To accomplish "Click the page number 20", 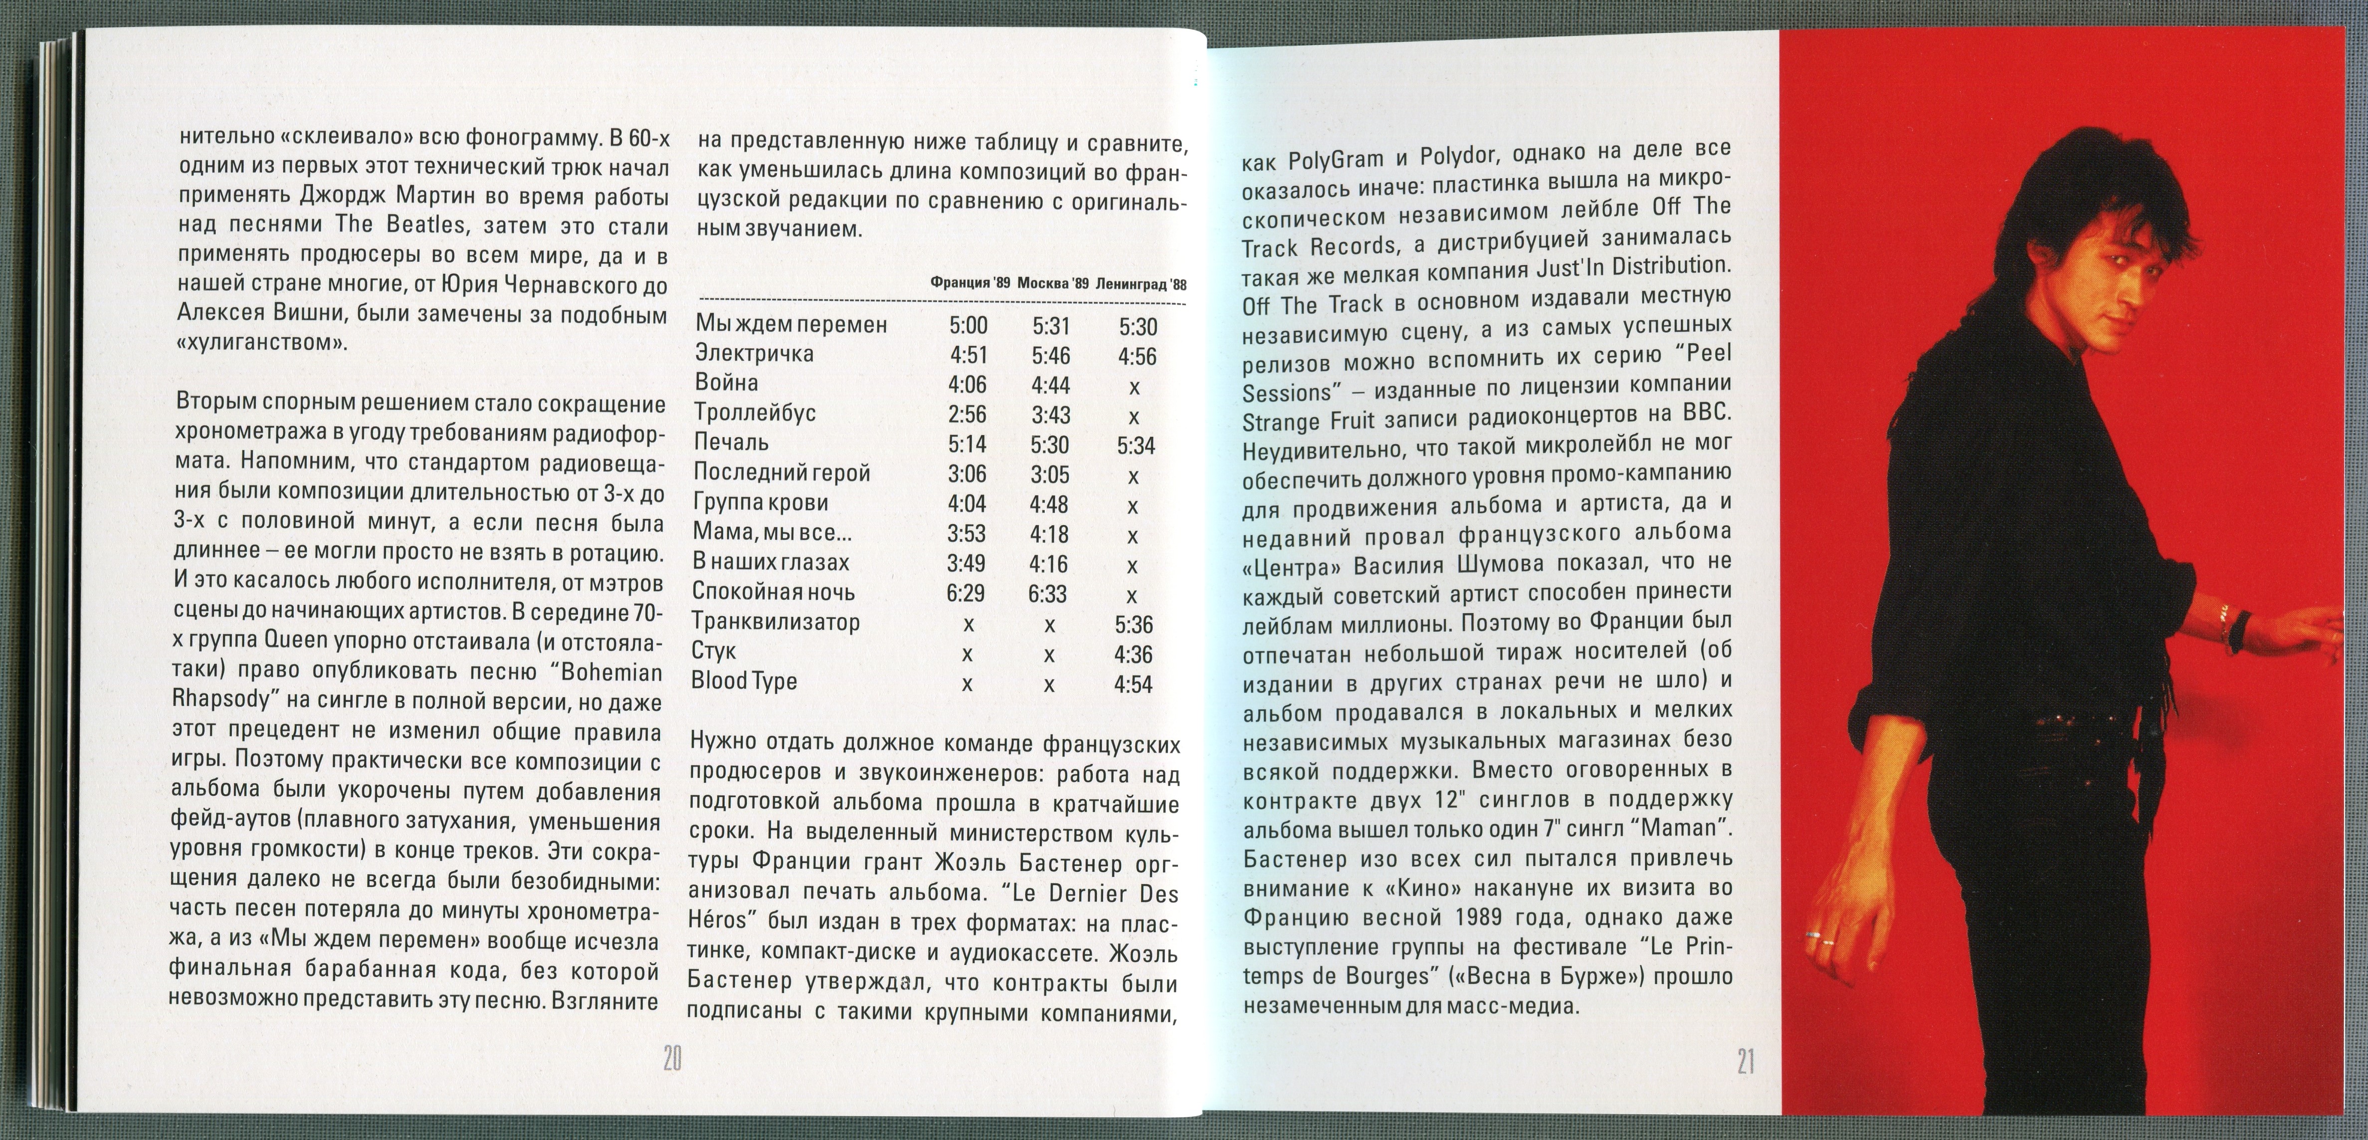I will [672, 1059].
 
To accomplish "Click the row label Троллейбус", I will [755, 413].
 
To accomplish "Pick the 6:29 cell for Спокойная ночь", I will [966, 593].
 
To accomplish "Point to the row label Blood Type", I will [744, 681].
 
